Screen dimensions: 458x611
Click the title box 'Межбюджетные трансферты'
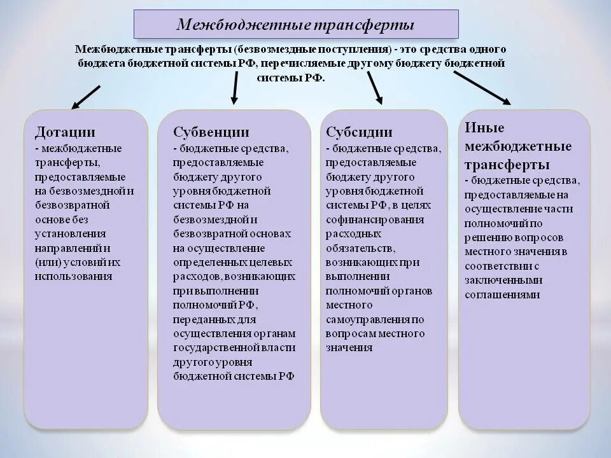tap(295, 24)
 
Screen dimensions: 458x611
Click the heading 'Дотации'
tap(65, 132)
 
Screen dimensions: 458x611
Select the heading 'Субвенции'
tap(211, 132)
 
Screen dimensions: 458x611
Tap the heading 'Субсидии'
tap(359, 132)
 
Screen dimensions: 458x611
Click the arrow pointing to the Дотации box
tap(86, 97)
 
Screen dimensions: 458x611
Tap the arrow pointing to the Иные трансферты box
tap(482, 87)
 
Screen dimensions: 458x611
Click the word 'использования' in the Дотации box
tap(74, 276)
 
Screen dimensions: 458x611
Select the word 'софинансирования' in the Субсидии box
tap(374, 219)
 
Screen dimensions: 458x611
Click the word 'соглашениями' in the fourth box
tap(502, 295)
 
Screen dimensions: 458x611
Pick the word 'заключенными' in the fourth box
tap(503, 280)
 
